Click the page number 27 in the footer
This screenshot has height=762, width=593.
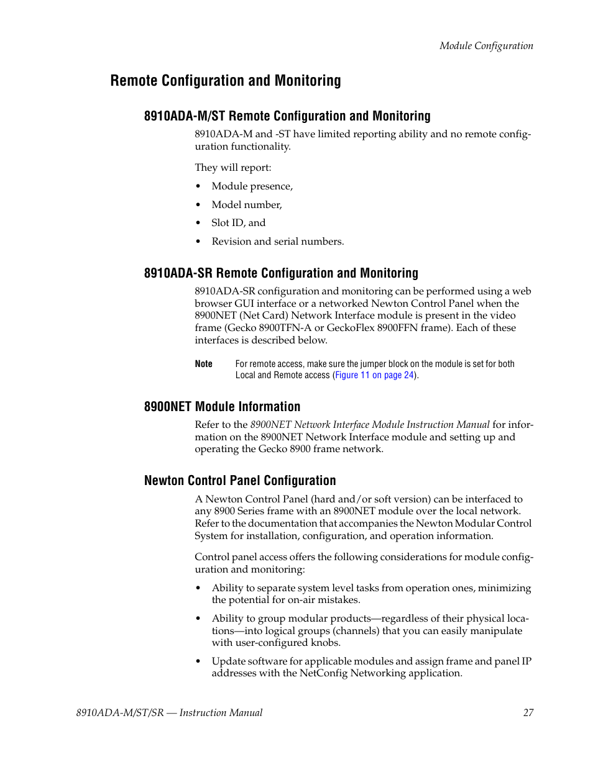[x=528, y=713]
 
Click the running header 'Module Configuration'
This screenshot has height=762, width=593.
[x=486, y=46]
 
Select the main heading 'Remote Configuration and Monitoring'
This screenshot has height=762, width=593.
[x=226, y=81]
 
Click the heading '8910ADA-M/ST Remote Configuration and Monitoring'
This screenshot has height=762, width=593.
[x=287, y=116]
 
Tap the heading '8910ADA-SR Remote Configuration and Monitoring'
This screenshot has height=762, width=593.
[x=281, y=273]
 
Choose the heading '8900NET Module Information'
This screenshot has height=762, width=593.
[x=222, y=407]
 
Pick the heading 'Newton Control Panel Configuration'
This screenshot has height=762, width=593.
[x=240, y=481]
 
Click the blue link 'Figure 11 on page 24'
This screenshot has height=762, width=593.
[x=374, y=376]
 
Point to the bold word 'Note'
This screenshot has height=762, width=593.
[x=203, y=365]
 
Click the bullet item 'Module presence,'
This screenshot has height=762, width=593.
[x=252, y=186]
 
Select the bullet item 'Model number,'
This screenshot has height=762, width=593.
[x=246, y=205]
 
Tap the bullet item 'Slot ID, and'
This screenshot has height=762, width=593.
[x=238, y=223]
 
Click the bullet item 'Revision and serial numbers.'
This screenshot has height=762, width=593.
[x=277, y=242]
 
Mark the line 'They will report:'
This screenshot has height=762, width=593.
[x=232, y=168]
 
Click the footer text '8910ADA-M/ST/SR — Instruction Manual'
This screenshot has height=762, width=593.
[x=165, y=713]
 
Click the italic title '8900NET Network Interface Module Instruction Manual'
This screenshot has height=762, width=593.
[x=370, y=425]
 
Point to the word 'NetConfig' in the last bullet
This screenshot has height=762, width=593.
[x=323, y=674]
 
